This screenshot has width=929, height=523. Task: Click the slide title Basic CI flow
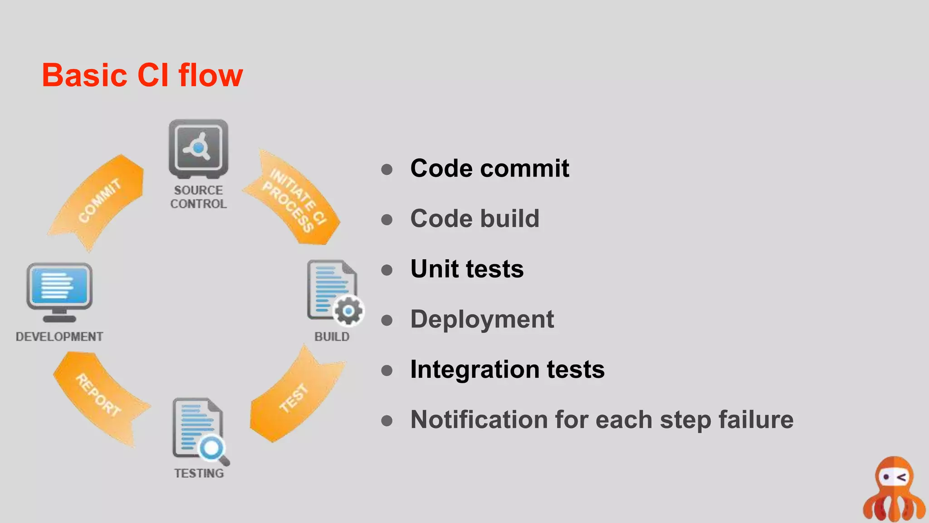pos(142,75)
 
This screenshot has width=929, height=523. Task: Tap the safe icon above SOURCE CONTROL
pos(199,148)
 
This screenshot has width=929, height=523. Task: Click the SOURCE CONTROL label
pos(199,197)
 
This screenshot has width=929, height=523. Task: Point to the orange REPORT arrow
pos(98,395)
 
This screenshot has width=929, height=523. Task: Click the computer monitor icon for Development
pos(59,291)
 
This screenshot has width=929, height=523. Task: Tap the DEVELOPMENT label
pos(59,337)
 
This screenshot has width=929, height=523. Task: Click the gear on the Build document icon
pos(348,311)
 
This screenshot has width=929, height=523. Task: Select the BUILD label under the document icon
pos(332,337)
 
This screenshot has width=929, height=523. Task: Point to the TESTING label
pos(199,474)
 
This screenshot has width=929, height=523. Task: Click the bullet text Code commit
pos(489,168)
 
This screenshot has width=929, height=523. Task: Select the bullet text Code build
pos(474,219)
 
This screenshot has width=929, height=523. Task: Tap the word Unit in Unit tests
pos(434,269)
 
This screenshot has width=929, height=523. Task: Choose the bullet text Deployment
pos(482,319)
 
